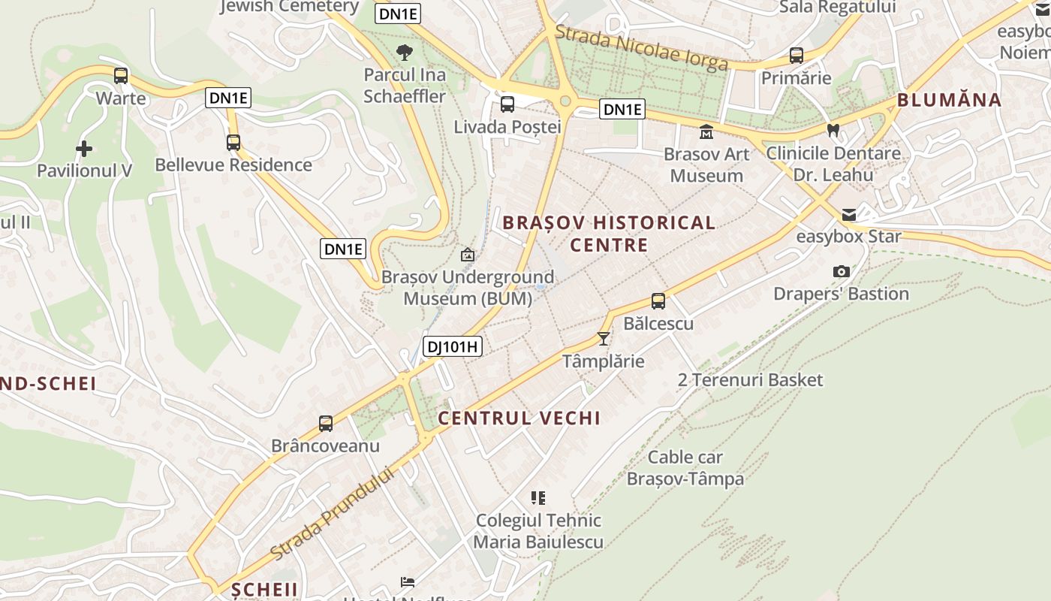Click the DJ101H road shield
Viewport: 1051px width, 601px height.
tap(452, 346)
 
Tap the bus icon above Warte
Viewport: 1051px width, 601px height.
tap(121, 75)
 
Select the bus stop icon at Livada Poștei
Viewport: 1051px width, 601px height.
tap(507, 104)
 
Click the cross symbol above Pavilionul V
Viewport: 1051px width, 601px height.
tap(84, 148)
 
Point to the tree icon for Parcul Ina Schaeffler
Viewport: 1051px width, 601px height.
tap(405, 53)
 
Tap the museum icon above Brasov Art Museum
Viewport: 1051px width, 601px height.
tap(706, 132)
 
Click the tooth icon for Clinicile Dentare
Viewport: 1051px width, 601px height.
tap(833, 130)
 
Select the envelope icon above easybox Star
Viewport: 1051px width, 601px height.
tap(849, 215)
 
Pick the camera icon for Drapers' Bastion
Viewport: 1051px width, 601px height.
tap(842, 271)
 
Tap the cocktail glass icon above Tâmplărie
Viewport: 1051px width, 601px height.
tap(604, 339)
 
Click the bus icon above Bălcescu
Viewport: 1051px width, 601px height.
tap(658, 301)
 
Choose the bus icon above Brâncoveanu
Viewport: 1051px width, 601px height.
tap(326, 423)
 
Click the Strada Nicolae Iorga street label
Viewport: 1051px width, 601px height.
tap(642, 47)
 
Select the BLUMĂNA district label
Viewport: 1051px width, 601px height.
tap(949, 100)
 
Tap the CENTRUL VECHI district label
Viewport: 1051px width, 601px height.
tap(519, 418)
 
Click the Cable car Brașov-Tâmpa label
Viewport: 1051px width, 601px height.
tap(685, 468)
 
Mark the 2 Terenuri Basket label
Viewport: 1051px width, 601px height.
tap(750, 380)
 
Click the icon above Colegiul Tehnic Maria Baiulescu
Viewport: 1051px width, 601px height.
tap(538, 497)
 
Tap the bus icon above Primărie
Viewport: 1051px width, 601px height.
tap(797, 56)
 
